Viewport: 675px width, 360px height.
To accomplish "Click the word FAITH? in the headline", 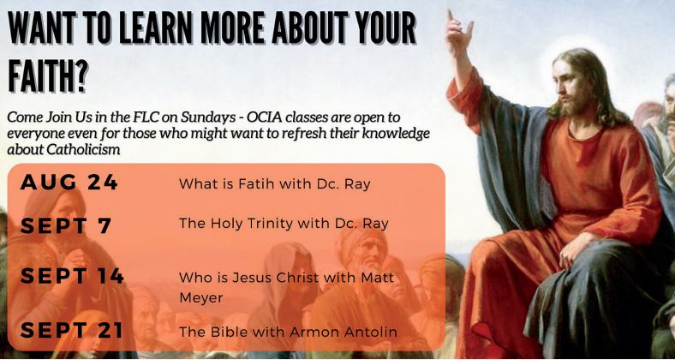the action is pyautogui.click(x=48, y=75).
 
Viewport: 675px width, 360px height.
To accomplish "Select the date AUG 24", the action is pyautogui.click(x=69, y=183).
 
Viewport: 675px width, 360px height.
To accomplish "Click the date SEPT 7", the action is pyautogui.click(x=66, y=226).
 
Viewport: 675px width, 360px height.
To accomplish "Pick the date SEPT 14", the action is pyautogui.click(x=72, y=276).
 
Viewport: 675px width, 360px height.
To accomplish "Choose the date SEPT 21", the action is pyautogui.click(x=71, y=330).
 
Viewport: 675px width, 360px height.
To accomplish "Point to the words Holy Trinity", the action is pyautogui.click(x=254, y=224).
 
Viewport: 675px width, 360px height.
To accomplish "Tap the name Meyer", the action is pyautogui.click(x=201, y=297).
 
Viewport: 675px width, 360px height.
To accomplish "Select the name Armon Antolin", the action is pyautogui.click(x=343, y=332).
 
